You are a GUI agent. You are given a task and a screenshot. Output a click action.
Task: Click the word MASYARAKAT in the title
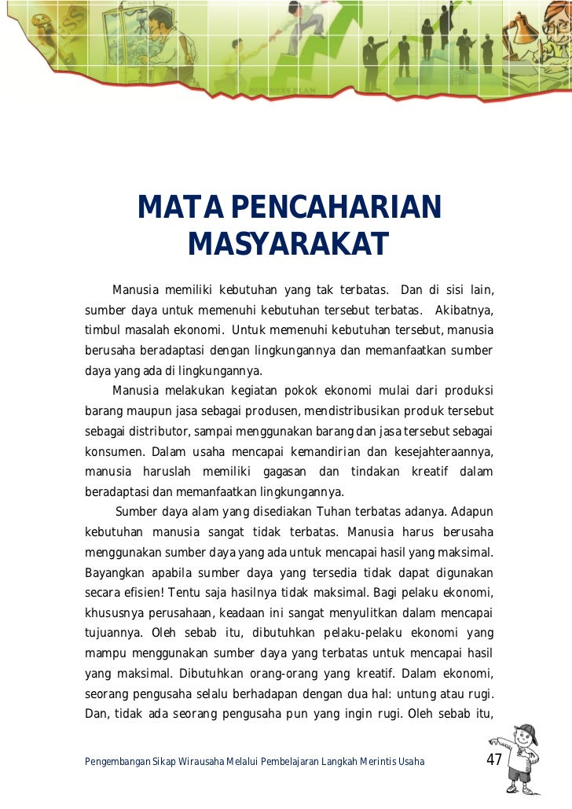[288, 245]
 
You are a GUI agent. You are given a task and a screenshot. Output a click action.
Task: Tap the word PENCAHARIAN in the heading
[337, 208]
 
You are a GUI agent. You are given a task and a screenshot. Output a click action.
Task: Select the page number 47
[494, 760]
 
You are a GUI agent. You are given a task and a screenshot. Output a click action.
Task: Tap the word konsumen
[114, 452]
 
